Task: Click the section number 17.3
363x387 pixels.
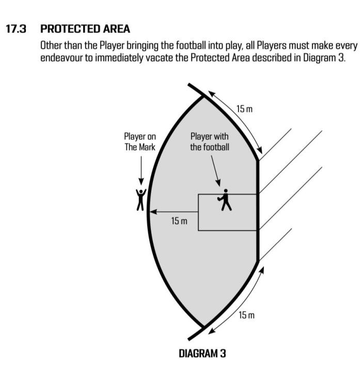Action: pyautogui.click(x=15, y=29)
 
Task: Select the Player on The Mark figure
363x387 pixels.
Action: pyautogui.click(x=140, y=200)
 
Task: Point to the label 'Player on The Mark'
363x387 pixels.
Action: pyautogui.click(x=139, y=142)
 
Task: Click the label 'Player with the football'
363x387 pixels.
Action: pyautogui.click(x=209, y=142)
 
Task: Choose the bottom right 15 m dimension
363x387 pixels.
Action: pyautogui.click(x=246, y=315)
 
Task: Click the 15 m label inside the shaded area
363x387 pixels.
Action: pyautogui.click(x=179, y=221)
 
